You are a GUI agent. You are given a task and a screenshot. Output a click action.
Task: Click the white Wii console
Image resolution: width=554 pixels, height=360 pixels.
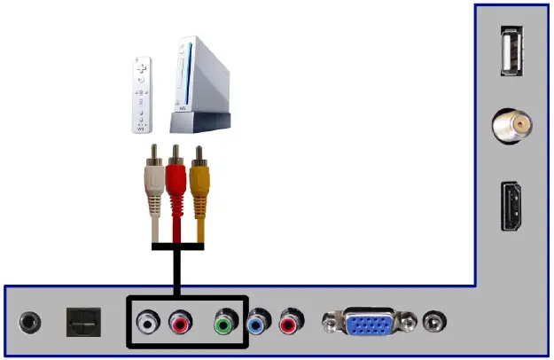(201, 80)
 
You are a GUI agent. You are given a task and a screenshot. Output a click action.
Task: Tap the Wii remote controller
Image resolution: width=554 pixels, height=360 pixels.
(142, 95)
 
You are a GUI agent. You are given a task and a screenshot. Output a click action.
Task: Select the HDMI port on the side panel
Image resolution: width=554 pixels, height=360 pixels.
(511, 206)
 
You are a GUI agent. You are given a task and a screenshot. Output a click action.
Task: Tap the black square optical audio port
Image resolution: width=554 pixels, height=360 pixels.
(84, 322)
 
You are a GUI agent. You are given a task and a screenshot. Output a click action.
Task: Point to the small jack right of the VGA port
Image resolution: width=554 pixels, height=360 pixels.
(434, 321)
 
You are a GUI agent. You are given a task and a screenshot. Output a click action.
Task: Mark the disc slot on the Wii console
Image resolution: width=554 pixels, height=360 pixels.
(187, 75)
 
